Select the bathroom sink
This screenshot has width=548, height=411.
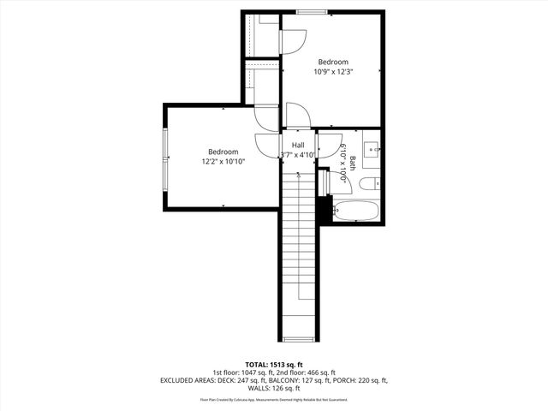click(x=372, y=149)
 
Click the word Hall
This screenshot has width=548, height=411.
click(x=298, y=145)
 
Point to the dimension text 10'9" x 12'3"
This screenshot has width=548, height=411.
click(x=333, y=72)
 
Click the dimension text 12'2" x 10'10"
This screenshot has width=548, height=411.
click(x=223, y=162)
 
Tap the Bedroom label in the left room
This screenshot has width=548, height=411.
click(x=223, y=152)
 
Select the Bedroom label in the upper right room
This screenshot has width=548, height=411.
click(x=333, y=62)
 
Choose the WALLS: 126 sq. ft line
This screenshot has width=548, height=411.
click(x=273, y=388)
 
